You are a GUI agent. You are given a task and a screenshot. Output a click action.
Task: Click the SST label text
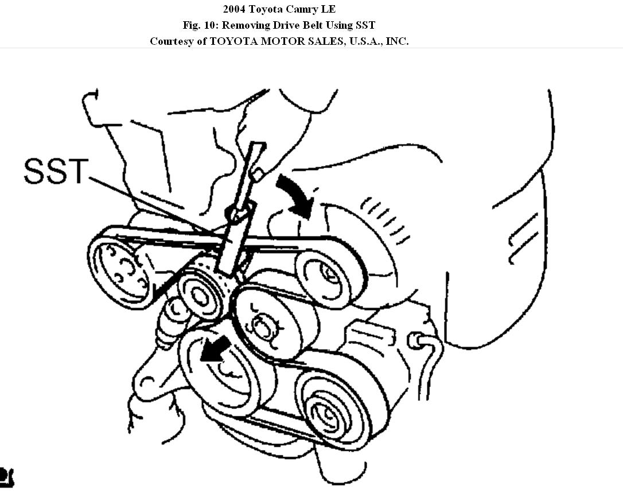coord(56,172)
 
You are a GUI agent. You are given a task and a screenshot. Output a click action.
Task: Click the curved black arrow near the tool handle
coord(296,196)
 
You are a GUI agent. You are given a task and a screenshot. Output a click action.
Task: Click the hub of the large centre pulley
coord(263,328)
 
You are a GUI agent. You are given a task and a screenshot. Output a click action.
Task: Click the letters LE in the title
coord(329,10)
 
